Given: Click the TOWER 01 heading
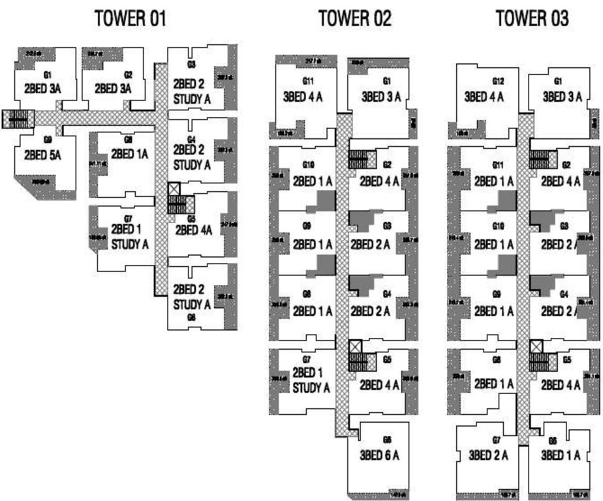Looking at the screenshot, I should pyautogui.click(x=131, y=19).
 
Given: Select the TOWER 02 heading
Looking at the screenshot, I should pyautogui.click(x=355, y=19).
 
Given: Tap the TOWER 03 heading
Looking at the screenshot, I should pyautogui.click(x=532, y=19).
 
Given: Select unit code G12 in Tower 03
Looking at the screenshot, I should pyautogui.click(x=499, y=82).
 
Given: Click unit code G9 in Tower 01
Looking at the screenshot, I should pyautogui.click(x=48, y=140).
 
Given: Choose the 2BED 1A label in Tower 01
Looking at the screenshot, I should pyautogui.click(x=130, y=154).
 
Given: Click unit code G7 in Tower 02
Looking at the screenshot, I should pyautogui.click(x=305, y=360).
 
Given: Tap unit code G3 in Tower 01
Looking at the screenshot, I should pyautogui.click(x=191, y=64).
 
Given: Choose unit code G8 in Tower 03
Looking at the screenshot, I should pyautogui.click(x=497, y=359).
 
